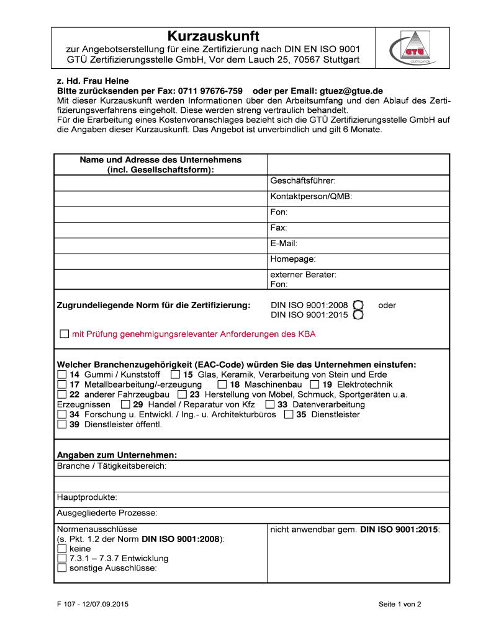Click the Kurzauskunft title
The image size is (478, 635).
coord(214,35)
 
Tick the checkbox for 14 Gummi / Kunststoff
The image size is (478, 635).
coord(61,375)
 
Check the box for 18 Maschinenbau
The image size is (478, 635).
coord(222,384)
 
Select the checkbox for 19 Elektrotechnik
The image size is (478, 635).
coord(315,384)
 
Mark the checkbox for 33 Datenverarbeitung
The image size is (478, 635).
coord(269,404)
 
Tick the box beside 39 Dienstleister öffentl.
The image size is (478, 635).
coord(61,424)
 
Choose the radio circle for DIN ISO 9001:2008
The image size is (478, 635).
coord(358,305)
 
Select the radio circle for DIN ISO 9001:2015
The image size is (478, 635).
coord(358,315)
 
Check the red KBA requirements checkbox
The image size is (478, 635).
coord(65,334)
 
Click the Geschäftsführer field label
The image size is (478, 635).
coord(303,181)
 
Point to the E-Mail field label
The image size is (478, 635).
coord(284,243)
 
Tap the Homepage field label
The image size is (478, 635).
coord(293,259)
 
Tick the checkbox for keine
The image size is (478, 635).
coord(61,549)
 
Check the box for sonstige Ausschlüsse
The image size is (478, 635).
coord(61,567)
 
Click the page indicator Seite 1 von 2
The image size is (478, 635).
coord(400,604)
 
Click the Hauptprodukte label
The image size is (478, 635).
coord(87,497)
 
